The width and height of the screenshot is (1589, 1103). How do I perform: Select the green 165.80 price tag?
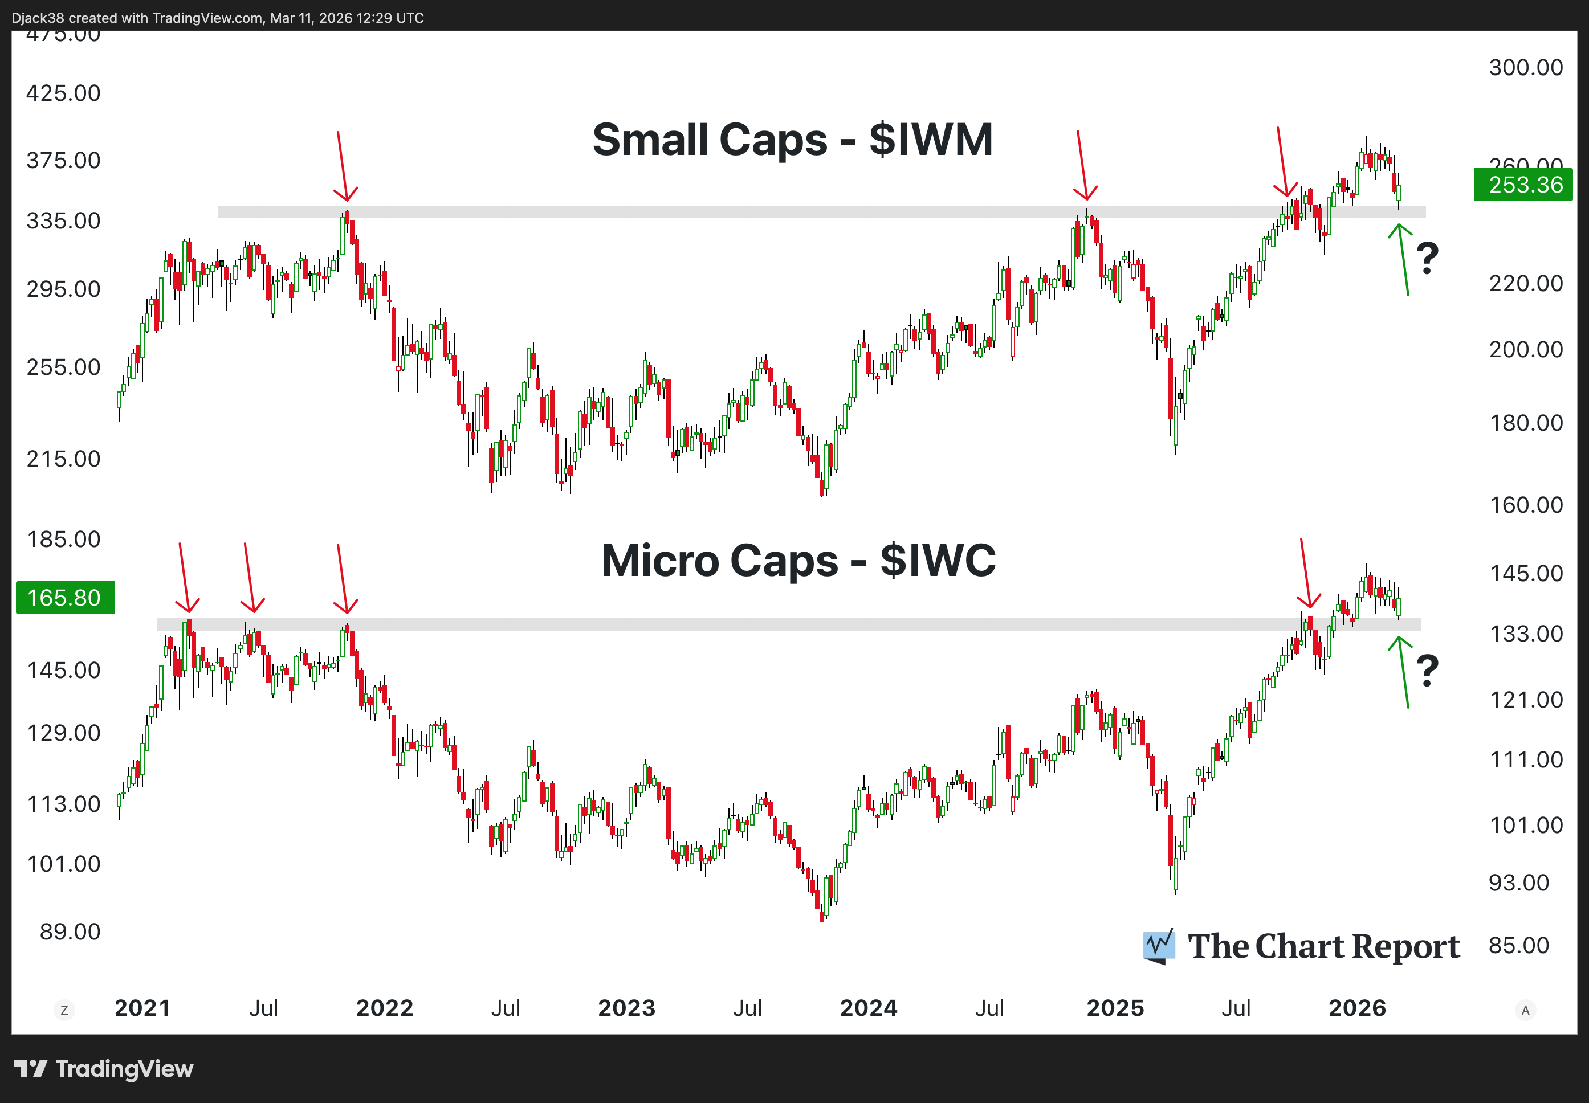65,597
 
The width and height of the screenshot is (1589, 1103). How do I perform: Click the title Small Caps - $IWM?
792,140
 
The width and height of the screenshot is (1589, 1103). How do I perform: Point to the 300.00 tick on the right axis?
1525,68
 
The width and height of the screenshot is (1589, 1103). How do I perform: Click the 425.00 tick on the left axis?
64,93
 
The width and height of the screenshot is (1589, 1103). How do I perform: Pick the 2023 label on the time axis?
626,1008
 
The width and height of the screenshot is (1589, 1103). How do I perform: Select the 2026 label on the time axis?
1357,1008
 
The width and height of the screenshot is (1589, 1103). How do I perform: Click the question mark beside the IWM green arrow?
1427,259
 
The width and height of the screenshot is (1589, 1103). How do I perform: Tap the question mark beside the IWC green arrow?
1427,671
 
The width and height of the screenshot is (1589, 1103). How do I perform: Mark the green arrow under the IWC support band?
1403,672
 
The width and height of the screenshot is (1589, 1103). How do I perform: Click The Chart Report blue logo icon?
1158,946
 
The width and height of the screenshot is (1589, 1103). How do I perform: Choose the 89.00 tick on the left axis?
70,932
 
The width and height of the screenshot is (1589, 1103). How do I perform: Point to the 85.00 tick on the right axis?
1518,945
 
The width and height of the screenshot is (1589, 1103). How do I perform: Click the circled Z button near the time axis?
64,1010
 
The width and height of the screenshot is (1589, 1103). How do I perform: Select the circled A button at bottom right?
1525,1010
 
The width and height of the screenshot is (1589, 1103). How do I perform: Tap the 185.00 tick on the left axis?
64,539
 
